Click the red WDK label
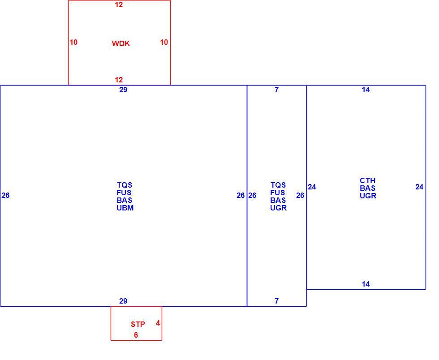point(121,43)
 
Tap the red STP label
point(138,324)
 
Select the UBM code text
point(125,208)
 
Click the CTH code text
point(368,180)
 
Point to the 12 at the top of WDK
point(119,5)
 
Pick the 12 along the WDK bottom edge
point(119,80)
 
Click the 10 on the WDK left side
point(73,42)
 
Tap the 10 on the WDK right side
point(164,42)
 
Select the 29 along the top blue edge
point(123,90)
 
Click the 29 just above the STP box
point(123,301)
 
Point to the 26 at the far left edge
point(5,195)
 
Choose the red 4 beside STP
point(158,323)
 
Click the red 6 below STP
point(136,335)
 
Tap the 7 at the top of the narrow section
point(277,90)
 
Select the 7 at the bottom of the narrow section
point(277,301)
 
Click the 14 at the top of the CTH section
point(366,90)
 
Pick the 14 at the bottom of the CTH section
point(366,284)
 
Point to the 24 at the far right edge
point(419,187)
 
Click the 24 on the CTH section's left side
point(312,187)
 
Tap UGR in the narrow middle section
point(278,208)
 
